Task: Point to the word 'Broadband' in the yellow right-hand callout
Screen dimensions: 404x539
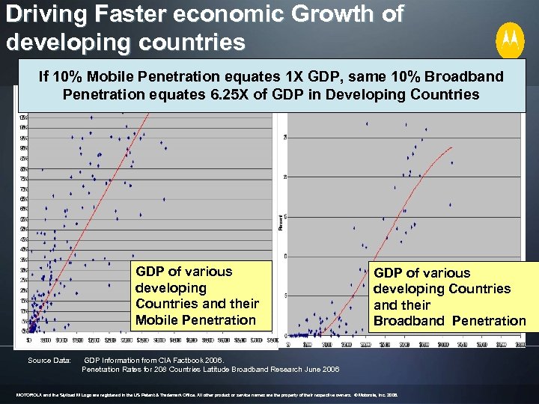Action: pyautogui.click(x=408, y=321)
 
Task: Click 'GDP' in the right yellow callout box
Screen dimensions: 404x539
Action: pyautogui.click(x=389, y=273)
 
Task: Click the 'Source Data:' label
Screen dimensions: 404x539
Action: pyautogui.click(x=49, y=361)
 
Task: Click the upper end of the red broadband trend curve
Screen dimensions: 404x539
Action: pyautogui.click(x=451, y=147)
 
